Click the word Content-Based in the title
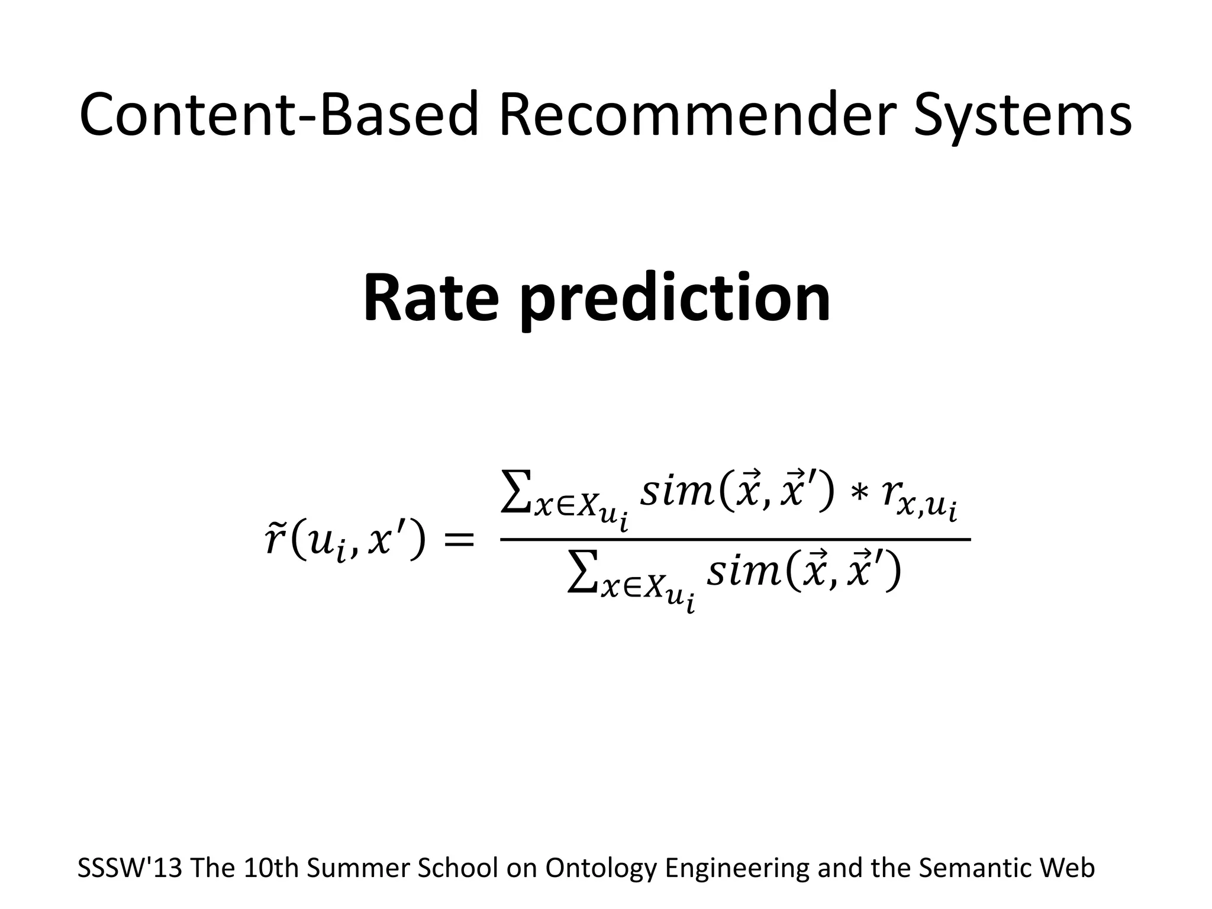[278, 115]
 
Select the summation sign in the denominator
[582, 573]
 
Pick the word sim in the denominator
[743, 573]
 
